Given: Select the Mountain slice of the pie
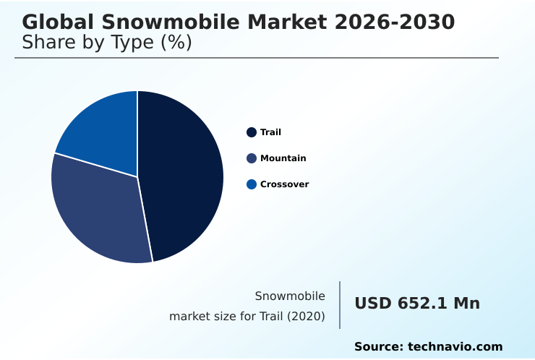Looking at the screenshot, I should (98, 213).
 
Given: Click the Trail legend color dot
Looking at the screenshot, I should (252, 132).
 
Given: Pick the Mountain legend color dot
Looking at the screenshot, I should (252, 158).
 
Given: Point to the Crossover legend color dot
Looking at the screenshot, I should (252, 184).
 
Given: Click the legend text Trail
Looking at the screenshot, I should (270, 132).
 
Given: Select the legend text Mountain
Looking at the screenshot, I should (283, 158).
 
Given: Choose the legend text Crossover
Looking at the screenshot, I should (284, 184).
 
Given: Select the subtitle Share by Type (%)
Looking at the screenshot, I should (107, 43).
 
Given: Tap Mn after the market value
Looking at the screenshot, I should (466, 304).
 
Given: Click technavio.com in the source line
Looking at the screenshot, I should (455, 347).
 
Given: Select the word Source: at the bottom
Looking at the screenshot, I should (379, 347).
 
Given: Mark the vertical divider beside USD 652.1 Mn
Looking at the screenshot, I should (340, 305).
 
